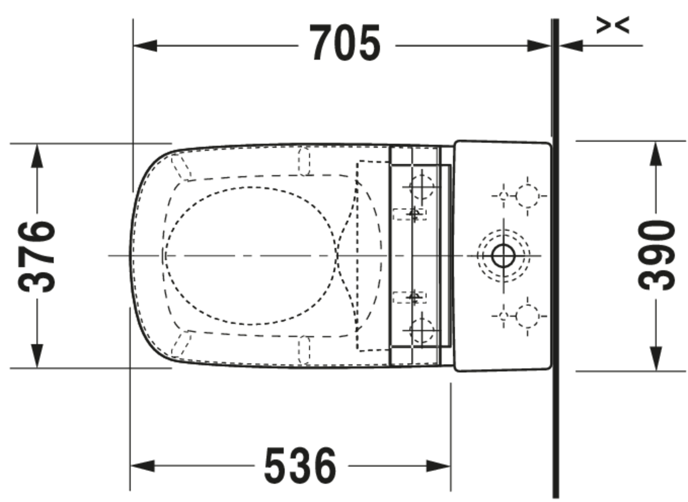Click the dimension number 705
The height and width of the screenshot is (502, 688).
tap(345, 43)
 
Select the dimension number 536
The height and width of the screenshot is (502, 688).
tap(300, 466)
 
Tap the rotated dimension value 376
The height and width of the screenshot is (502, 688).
tap(36, 257)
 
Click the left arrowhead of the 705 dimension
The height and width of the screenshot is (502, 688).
tap(145, 46)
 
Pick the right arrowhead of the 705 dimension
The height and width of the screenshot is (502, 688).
tap(539, 46)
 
